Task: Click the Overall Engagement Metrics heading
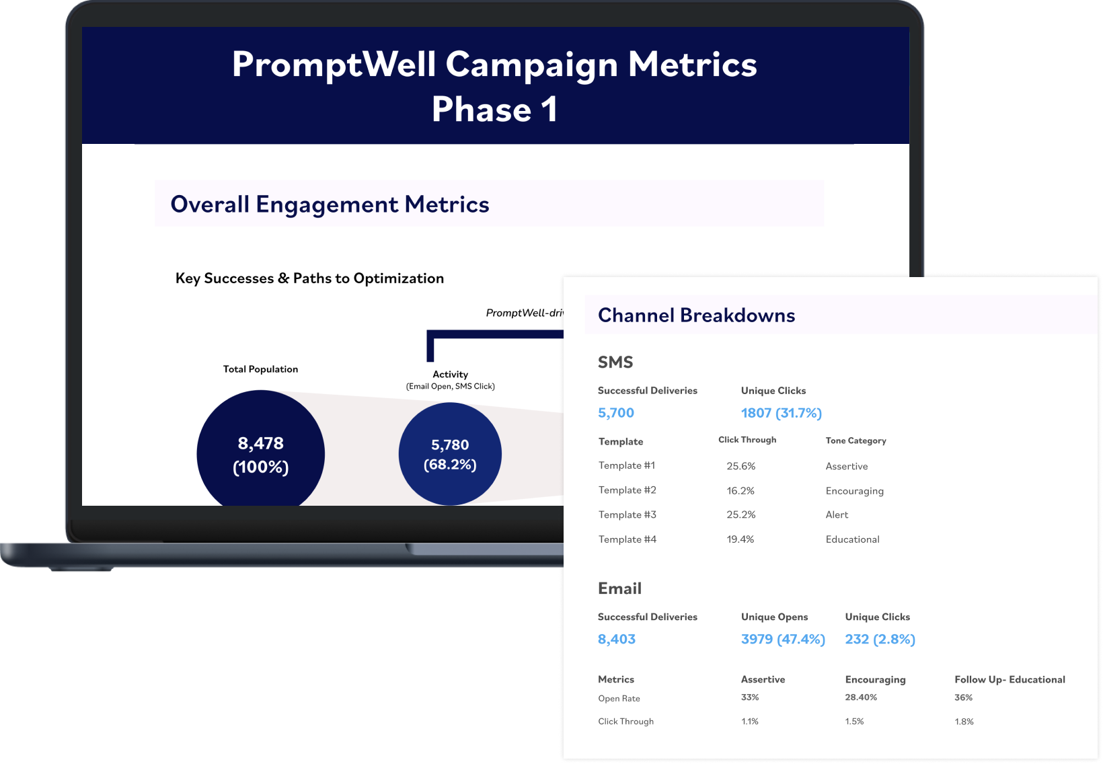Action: tap(330, 204)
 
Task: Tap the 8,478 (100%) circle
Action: tap(260, 455)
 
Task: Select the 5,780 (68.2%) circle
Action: tap(450, 455)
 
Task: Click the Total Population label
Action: tap(260, 369)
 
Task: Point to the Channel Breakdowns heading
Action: tap(696, 315)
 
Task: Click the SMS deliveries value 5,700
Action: tap(615, 413)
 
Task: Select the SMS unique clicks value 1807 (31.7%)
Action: tap(781, 413)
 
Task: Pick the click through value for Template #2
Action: tap(740, 491)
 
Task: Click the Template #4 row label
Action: tap(627, 539)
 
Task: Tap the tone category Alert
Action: tap(837, 515)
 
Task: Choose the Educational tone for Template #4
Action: tap(852, 539)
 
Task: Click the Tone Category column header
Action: tap(855, 441)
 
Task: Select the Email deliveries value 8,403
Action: tap(616, 640)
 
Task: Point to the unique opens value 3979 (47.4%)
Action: tap(782, 640)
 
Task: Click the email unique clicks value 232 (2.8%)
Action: tap(880, 640)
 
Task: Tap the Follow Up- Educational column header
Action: tap(1009, 680)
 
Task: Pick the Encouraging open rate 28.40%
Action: tap(861, 697)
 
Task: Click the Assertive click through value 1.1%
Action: tap(749, 722)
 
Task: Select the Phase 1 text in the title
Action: tap(494, 110)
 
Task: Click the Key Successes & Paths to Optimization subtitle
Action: tap(309, 278)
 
